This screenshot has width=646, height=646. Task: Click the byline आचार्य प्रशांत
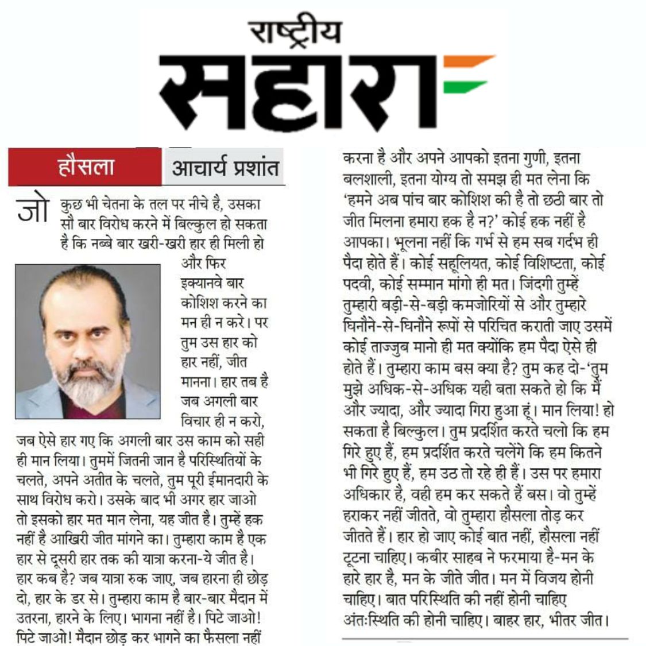225,168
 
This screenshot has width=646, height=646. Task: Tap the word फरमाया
540,557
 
